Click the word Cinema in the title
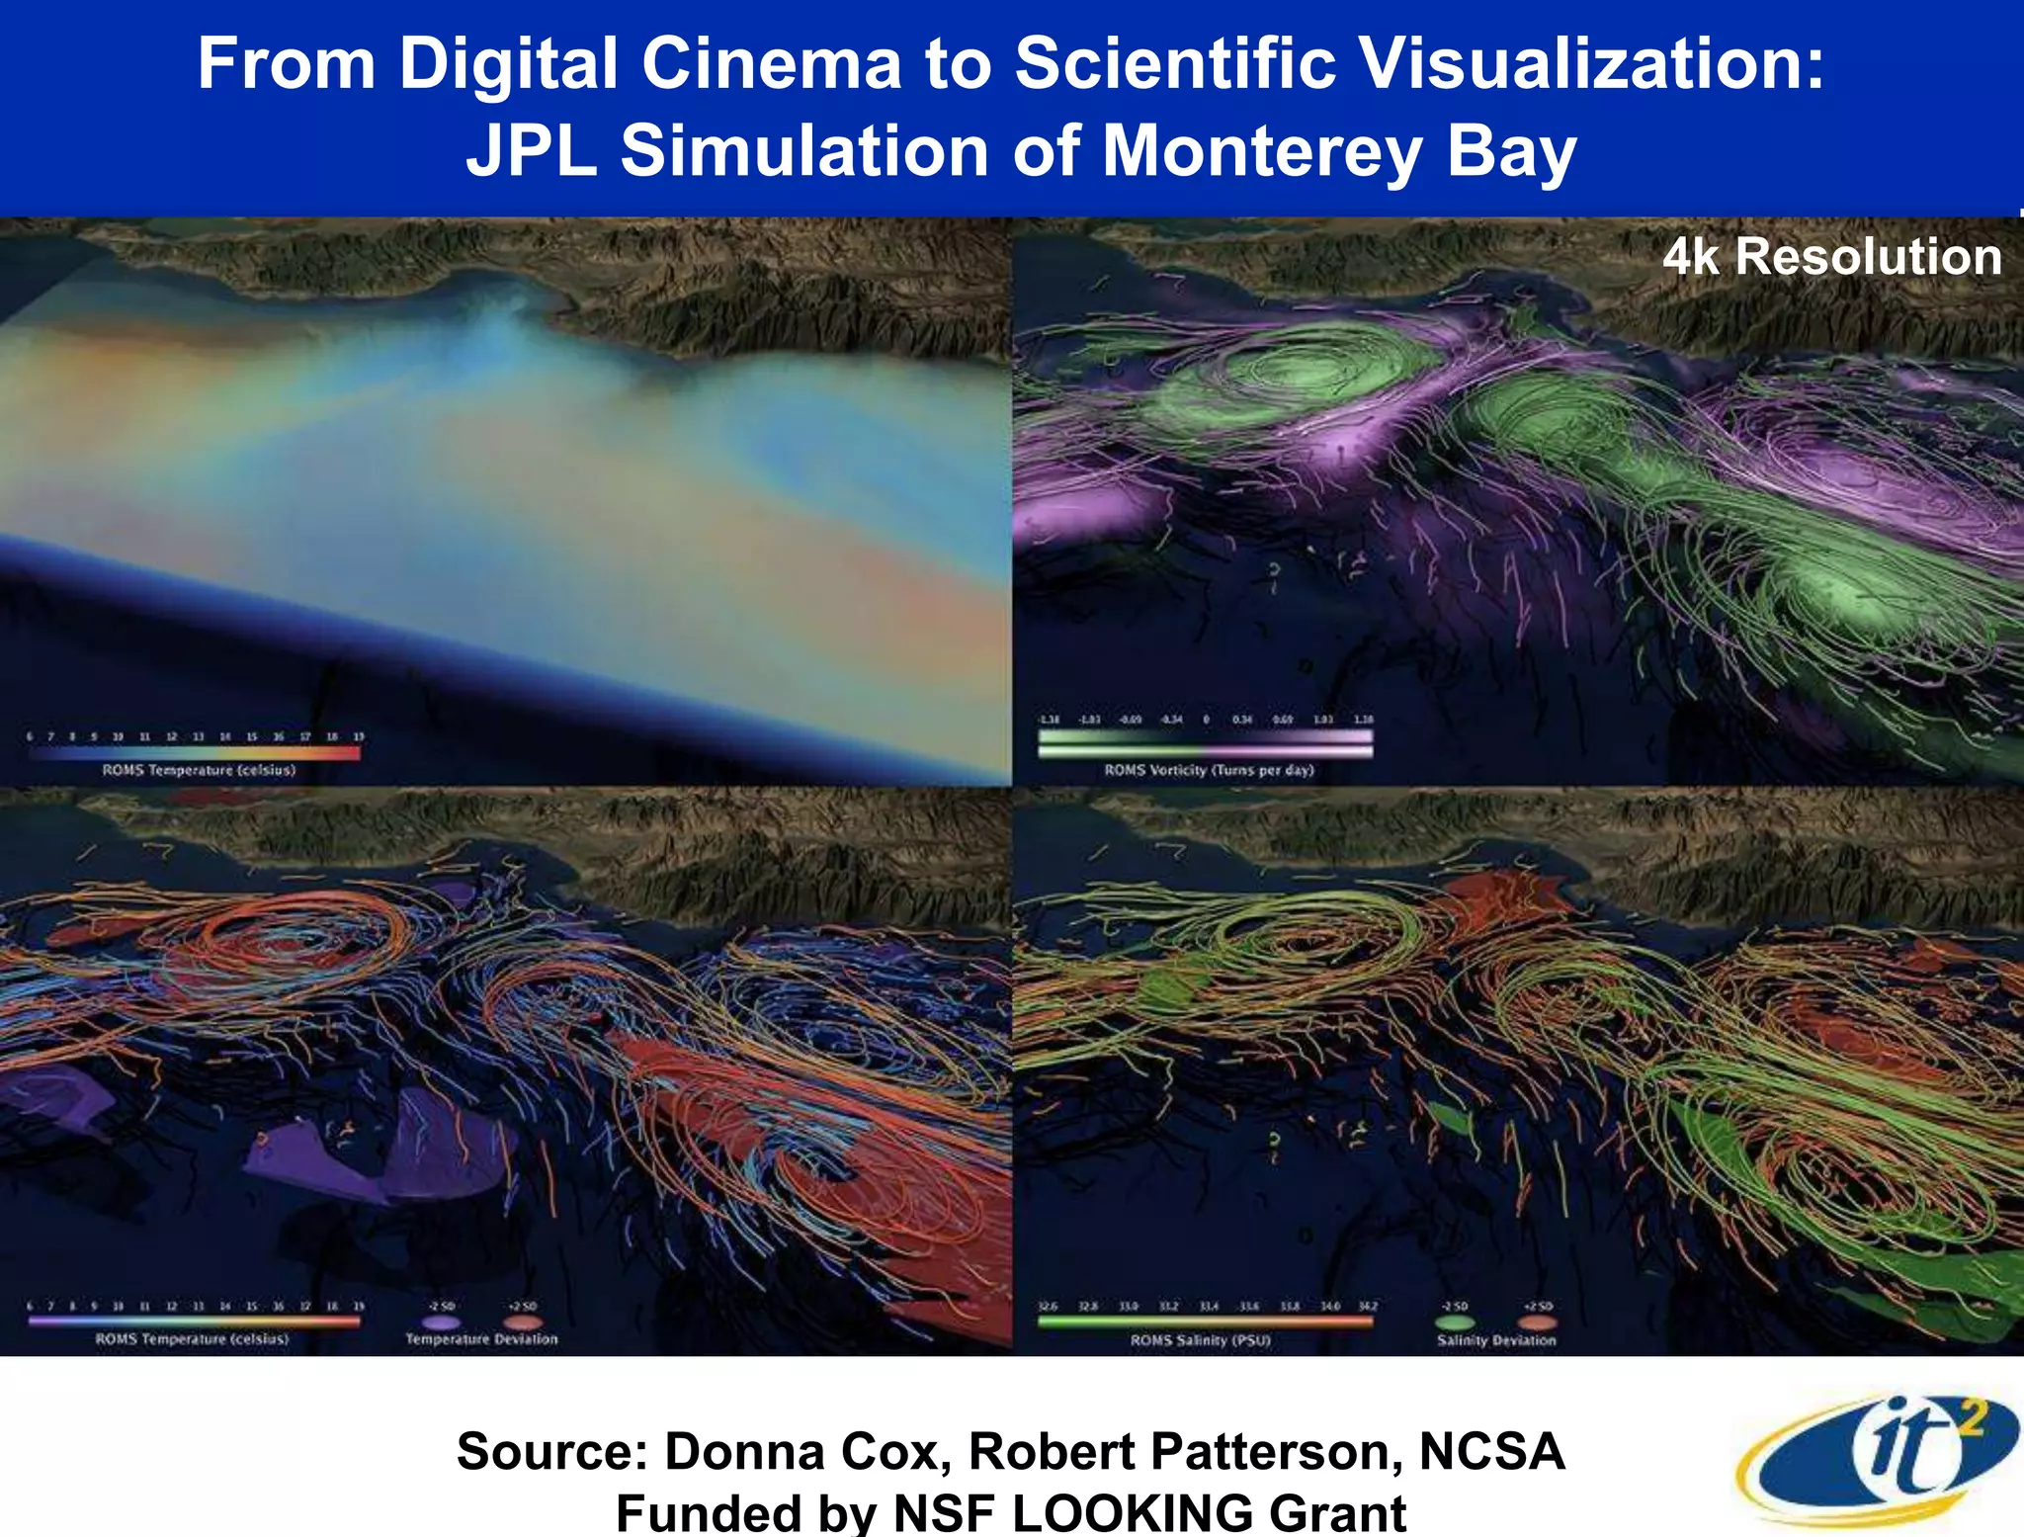pyautogui.click(x=771, y=64)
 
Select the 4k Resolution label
pyautogui.click(x=1831, y=257)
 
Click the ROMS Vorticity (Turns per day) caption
pyautogui.click(x=1209, y=770)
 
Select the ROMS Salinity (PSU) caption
pyautogui.click(x=1200, y=1340)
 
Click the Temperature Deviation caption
pyautogui.click(x=481, y=1339)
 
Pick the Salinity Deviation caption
pyautogui.click(x=1496, y=1340)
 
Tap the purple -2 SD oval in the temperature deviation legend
pyautogui.click(x=441, y=1322)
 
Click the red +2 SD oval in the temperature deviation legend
pyautogui.click(x=522, y=1322)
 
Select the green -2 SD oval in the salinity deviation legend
pyautogui.click(x=1454, y=1323)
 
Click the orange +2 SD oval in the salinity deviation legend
pyautogui.click(x=1538, y=1323)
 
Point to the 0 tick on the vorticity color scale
pyautogui.click(x=1206, y=720)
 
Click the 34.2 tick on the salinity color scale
pyautogui.click(x=1367, y=1307)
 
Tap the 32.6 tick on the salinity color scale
pyautogui.click(x=1048, y=1307)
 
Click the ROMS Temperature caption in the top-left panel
pyautogui.click(x=199, y=770)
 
